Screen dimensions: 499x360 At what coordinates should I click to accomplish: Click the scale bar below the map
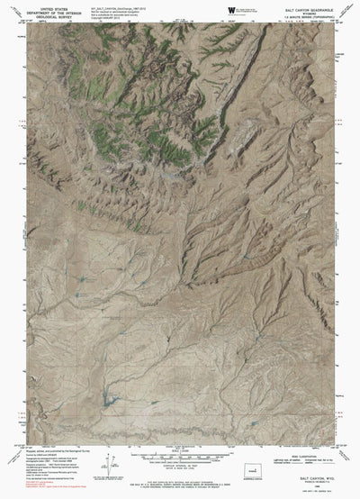click(x=180, y=458)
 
